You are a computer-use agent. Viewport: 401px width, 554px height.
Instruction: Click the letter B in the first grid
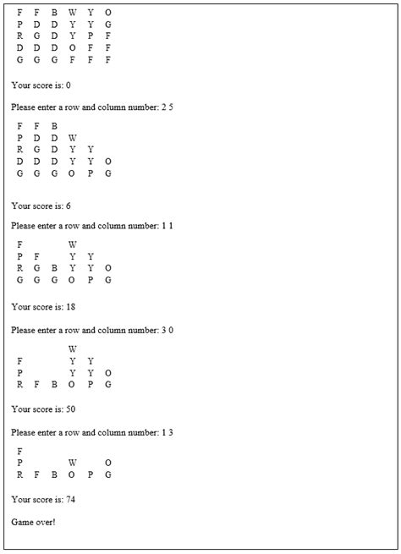click(x=54, y=13)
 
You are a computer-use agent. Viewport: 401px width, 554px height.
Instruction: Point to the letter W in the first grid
click(x=73, y=13)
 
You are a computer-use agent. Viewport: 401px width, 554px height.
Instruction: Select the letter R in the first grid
click(x=19, y=36)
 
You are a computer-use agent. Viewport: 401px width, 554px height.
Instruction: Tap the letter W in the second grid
click(x=73, y=138)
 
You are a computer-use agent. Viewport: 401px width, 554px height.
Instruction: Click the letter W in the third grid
click(x=73, y=244)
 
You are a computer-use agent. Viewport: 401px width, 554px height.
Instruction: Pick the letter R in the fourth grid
click(x=19, y=384)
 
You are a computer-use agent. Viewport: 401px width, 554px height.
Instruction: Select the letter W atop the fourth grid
click(x=73, y=348)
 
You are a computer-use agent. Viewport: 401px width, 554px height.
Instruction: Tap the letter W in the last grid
click(x=73, y=463)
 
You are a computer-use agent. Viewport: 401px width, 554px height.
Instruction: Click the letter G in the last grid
click(x=108, y=475)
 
